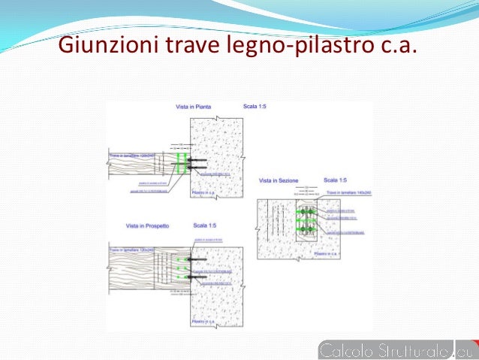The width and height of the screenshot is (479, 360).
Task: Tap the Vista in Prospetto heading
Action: [148, 225]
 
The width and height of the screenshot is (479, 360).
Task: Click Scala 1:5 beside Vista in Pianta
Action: [255, 107]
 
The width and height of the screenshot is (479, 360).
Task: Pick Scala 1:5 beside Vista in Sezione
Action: [336, 180]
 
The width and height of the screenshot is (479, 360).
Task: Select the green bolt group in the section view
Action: [307, 219]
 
